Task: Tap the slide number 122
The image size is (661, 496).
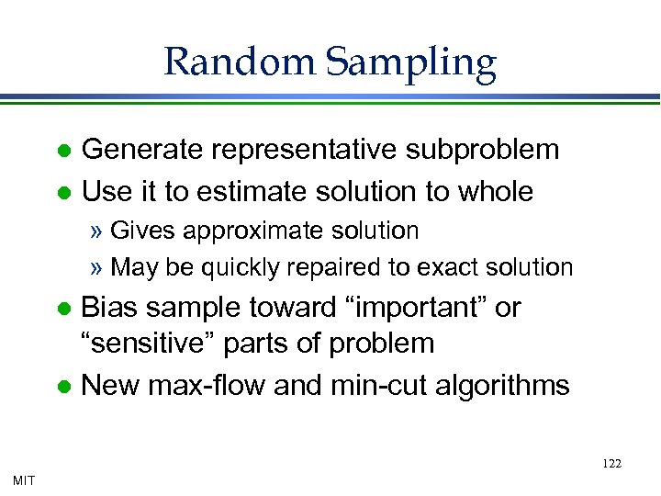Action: [x=611, y=464]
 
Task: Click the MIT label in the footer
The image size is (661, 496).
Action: [x=25, y=479]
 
